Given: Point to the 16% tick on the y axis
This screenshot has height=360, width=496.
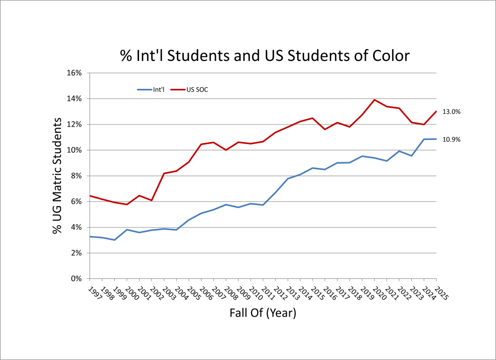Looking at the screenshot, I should [75, 73].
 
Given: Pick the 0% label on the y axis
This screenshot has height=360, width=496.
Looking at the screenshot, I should [76, 279].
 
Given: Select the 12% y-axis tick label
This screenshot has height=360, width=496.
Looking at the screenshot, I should [75, 124].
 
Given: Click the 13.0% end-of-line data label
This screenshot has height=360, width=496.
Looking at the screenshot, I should [452, 112].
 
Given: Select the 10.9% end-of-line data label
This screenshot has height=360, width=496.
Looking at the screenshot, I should [452, 139].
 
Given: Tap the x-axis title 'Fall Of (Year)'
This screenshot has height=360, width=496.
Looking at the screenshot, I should [263, 313].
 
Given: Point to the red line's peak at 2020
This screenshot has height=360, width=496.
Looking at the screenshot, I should [374, 100].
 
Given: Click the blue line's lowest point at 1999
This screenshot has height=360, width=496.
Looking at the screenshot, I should [114, 240].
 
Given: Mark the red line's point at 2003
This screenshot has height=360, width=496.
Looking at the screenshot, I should [164, 174].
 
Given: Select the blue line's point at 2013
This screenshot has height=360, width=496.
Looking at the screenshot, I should [288, 179].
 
